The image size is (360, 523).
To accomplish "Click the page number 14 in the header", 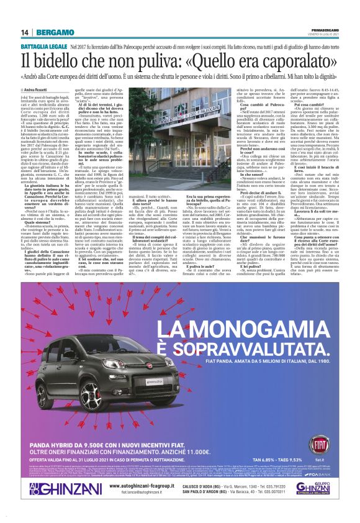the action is (25, 32).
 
